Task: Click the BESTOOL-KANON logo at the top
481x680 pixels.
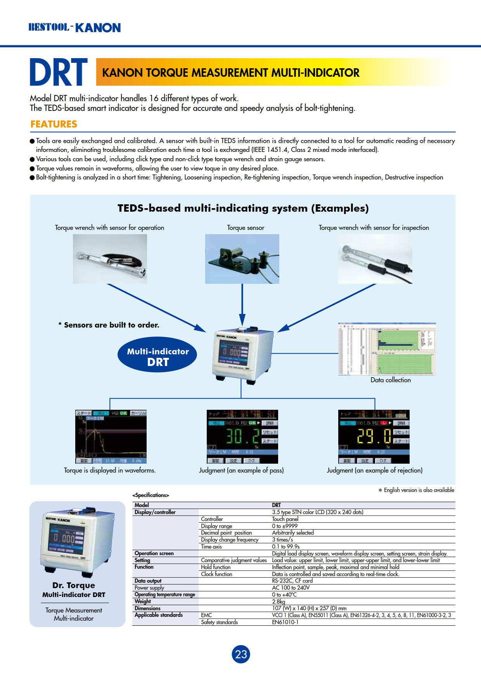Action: (74, 28)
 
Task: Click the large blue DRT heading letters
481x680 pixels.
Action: (59, 72)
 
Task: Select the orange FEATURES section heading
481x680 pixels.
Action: (54, 124)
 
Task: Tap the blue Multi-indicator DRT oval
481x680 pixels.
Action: (157, 357)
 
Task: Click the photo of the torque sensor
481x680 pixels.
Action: (242, 259)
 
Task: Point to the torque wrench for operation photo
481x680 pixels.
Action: (110, 259)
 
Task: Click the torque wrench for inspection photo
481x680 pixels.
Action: (375, 259)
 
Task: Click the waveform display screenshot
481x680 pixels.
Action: (111, 437)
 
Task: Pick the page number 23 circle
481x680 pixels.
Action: (241, 654)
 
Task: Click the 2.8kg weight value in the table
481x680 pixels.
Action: (279, 601)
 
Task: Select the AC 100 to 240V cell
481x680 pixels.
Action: (291, 588)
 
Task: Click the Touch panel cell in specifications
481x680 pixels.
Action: (285, 519)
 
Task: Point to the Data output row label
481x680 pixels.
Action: (148, 581)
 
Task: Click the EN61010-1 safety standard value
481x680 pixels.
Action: (285, 622)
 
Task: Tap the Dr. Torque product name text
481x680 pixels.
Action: (74, 585)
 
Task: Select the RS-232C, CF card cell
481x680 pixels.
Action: (292, 581)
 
